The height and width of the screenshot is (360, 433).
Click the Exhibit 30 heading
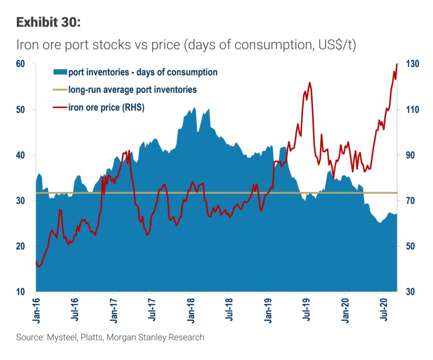click(48, 22)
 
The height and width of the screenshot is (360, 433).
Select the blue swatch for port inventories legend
click(60, 72)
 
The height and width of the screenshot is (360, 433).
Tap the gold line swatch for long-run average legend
click(60, 90)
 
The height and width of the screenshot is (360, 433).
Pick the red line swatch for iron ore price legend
click(60, 107)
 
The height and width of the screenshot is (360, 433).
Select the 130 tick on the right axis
click(412, 64)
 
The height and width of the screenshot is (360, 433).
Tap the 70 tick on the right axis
click(410, 201)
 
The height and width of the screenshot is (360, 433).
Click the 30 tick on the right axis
click(410, 292)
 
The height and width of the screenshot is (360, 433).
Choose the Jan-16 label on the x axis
click(36, 311)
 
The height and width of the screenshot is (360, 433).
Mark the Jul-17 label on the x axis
click(151, 311)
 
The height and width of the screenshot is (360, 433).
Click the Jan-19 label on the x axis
click(268, 311)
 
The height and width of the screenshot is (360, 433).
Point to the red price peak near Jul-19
click(310, 82)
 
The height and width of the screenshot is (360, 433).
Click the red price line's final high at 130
click(397, 64)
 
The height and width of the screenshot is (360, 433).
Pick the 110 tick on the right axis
click(412, 110)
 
